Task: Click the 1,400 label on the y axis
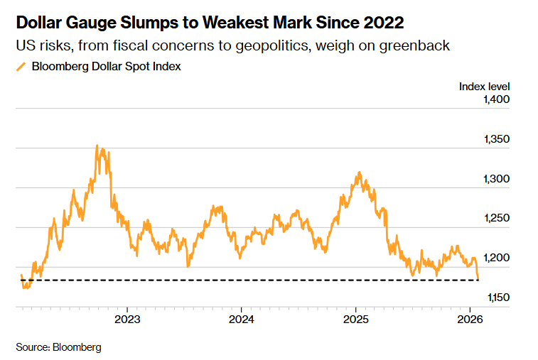(496, 100)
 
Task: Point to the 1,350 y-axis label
(496, 139)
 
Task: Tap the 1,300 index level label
(496, 179)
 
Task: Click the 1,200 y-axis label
(496, 258)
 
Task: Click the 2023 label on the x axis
(127, 318)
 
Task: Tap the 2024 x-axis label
(241, 318)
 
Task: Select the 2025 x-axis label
(355, 318)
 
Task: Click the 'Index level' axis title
(485, 87)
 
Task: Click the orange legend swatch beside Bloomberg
(21, 67)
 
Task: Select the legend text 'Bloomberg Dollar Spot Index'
(106, 67)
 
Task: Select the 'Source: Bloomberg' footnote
(58, 347)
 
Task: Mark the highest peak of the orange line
(97, 146)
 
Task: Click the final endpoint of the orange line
(478, 279)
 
